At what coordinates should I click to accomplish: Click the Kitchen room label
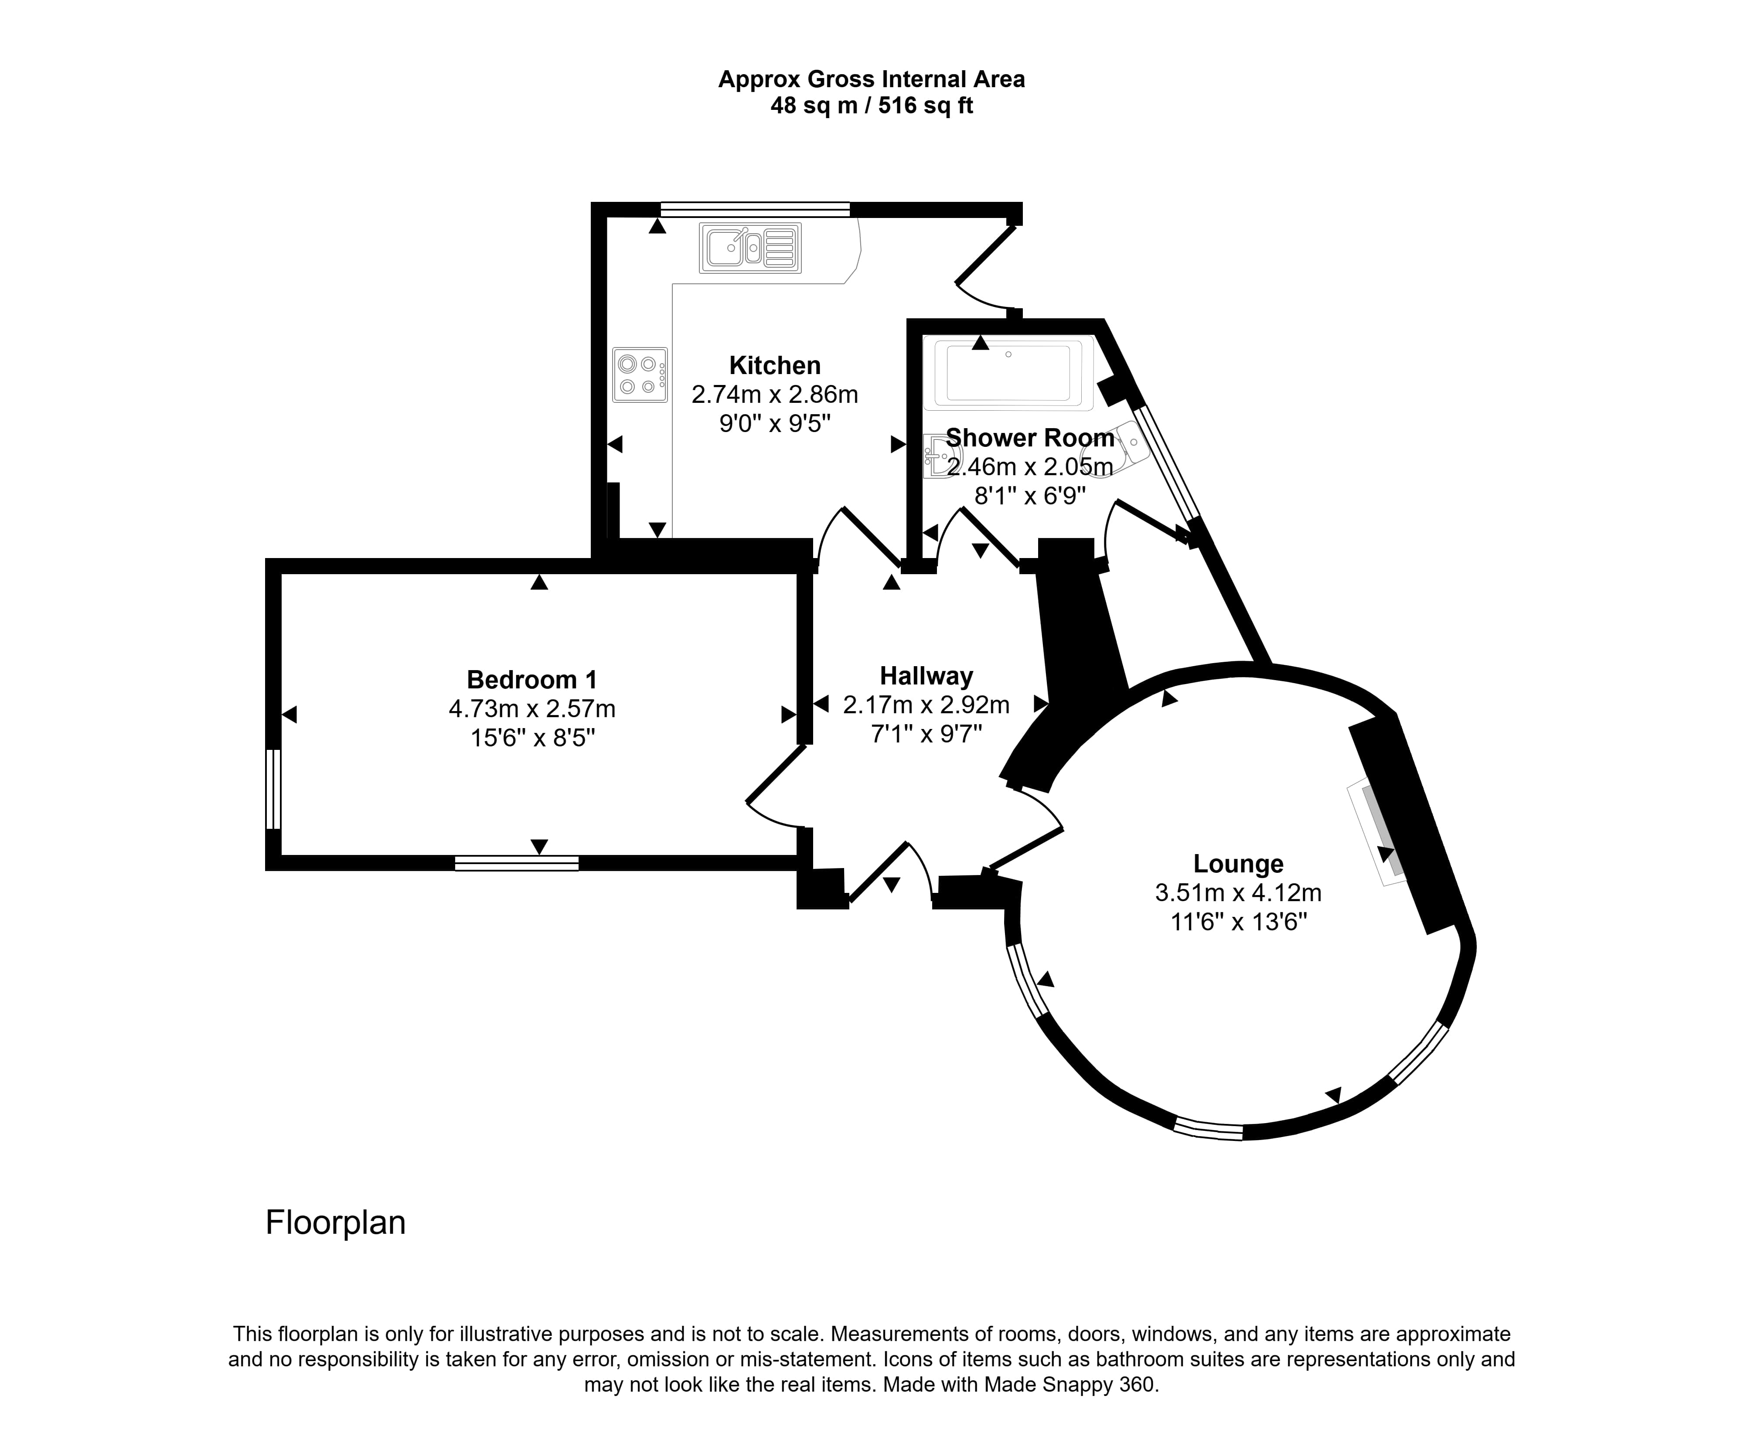point(774,365)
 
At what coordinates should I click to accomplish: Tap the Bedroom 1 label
point(531,680)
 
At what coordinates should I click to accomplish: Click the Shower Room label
point(1030,437)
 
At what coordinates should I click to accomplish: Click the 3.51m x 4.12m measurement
point(1238,892)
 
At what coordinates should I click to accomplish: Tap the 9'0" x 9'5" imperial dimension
point(774,423)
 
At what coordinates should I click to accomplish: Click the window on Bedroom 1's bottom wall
point(517,863)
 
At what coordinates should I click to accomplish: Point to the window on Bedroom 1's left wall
point(273,789)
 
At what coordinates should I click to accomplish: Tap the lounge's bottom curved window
point(1208,1128)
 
